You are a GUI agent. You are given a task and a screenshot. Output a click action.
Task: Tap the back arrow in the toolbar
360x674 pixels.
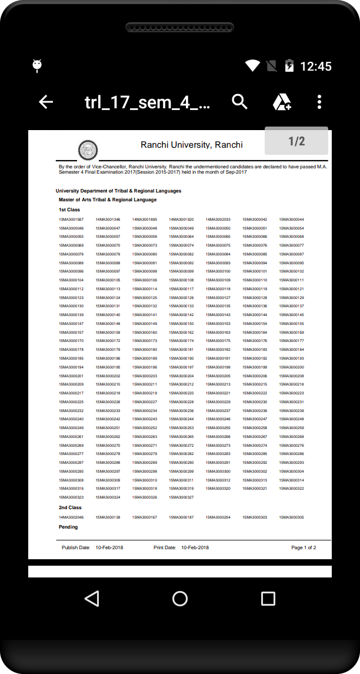coord(46,102)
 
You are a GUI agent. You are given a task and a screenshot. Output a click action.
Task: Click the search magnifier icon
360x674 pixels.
coord(239,102)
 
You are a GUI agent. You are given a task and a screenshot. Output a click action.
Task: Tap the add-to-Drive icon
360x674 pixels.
coord(282,102)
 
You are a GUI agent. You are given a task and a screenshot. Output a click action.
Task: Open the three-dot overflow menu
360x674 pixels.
coord(319,102)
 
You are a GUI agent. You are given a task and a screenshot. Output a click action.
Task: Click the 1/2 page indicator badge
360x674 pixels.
coord(296,141)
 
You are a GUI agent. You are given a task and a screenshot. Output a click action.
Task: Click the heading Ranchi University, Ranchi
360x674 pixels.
coord(192,145)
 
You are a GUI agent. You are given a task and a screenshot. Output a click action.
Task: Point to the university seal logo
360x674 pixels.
coord(88,151)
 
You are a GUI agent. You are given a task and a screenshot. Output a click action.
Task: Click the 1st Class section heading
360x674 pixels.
coord(69,210)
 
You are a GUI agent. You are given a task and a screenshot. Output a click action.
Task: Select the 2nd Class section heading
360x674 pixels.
coord(70,507)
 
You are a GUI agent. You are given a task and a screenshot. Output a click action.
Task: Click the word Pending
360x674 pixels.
coord(68,527)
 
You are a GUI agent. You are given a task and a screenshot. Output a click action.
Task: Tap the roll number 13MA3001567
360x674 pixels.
coord(71,220)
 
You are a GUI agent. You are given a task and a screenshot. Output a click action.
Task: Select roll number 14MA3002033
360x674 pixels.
coord(218,220)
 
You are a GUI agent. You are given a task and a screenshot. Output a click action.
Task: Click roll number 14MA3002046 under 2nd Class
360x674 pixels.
coord(71,517)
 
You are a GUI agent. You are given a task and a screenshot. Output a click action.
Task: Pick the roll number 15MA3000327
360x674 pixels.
coord(181,497)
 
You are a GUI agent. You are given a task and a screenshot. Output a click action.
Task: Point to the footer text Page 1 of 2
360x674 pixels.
coord(304,547)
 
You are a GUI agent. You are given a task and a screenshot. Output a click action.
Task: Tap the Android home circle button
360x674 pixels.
coord(180,599)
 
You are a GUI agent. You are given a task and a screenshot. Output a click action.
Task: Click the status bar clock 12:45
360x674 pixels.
coord(316,67)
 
